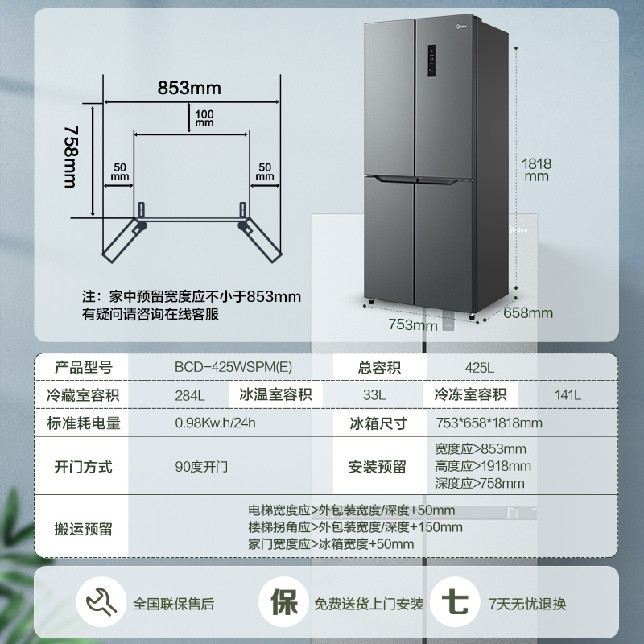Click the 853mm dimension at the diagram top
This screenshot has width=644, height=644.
[189, 88]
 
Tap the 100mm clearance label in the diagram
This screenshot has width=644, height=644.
[204, 118]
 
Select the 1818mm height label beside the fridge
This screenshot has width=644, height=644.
[537, 168]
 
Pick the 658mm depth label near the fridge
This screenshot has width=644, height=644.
[528, 312]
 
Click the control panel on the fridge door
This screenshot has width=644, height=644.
[431, 60]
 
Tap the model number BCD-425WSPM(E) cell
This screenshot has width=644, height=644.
[233, 368]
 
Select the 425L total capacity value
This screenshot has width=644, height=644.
[479, 368]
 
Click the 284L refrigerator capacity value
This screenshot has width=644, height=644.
[190, 395]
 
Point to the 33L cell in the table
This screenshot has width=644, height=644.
[374, 395]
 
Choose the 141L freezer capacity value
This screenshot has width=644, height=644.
[568, 395]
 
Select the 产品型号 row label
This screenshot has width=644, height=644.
[84, 368]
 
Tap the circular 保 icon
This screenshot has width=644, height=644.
[283, 603]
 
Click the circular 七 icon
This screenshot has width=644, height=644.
[454, 603]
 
